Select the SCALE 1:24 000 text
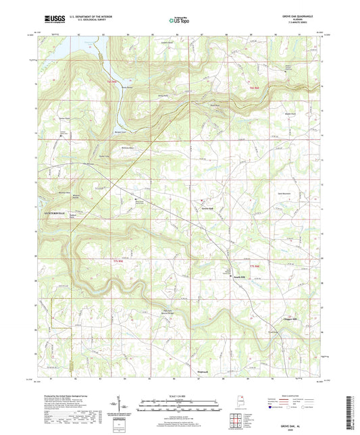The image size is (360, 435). [180, 396]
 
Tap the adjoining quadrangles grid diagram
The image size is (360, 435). [236, 419]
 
